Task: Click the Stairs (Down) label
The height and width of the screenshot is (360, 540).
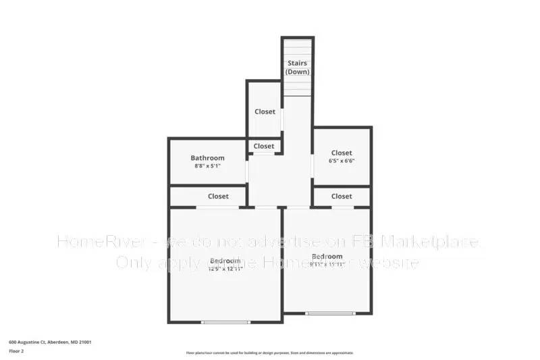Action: click(x=298, y=68)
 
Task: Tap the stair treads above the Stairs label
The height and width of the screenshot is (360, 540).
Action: click(x=298, y=49)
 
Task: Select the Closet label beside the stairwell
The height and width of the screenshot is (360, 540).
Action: click(x=265, y=111)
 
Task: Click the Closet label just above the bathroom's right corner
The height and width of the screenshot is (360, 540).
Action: click(x=264, y=146)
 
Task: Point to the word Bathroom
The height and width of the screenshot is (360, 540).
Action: click(x=207, y=158)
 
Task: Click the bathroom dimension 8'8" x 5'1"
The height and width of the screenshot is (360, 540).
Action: click(x=207, y=166)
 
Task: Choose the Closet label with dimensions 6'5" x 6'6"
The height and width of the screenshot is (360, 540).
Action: click(x=342, y=153)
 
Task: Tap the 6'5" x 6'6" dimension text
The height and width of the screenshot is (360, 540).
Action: click(x=342, y=161)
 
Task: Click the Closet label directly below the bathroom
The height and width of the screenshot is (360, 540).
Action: click(x=218, y=197)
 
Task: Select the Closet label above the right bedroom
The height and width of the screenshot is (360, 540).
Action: click(x=342, y=197)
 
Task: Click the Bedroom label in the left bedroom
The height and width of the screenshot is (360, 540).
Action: click(x=225, y=261)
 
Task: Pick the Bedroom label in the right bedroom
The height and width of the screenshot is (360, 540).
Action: click(x=327, y=257)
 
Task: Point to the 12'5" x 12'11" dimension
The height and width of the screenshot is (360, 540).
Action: click(x=225, y=269)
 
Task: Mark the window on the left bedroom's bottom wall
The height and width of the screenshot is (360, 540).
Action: click(x=225, y=322)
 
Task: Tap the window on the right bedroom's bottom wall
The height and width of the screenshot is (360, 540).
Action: click(x=329, y=313)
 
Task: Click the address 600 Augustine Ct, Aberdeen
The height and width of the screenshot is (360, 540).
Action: click(x=50, y=342)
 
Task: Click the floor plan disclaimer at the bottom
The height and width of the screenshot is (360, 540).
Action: click(x=269, y=353)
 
